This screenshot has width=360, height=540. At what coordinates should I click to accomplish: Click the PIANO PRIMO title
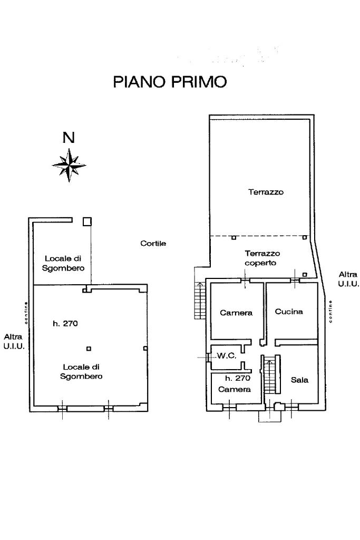tap(170, 82)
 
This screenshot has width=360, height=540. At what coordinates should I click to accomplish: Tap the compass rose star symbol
tap(69, 165)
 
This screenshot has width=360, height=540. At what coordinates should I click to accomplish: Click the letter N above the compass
tap(68, 138)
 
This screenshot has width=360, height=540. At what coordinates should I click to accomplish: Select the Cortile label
tap(153, 244)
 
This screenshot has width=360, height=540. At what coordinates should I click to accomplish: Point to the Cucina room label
tap(289, 312)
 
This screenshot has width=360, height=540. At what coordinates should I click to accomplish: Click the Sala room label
tap(299, 379)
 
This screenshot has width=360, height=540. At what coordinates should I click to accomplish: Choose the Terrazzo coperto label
tap(262, 258)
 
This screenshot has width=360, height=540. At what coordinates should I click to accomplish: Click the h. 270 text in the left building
tap(65, 324)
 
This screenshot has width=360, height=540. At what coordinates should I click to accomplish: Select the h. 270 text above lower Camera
tap(237, 378)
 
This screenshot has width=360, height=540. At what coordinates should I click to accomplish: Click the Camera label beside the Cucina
tap(236, 313)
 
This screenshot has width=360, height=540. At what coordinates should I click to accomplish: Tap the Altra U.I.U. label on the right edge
tap(348, 279)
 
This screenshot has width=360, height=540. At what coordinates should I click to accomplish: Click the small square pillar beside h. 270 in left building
tap(89, 348)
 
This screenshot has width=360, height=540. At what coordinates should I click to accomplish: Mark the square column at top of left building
tap(87, 221)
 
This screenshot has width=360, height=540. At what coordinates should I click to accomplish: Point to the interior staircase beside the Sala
tap(270, 375)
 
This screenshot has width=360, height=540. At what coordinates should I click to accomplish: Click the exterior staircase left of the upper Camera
tap(200, 291)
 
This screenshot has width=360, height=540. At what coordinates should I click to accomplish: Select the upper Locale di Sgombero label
tap(63, 263)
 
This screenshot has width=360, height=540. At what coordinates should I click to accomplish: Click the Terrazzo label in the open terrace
tap(266, 192)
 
